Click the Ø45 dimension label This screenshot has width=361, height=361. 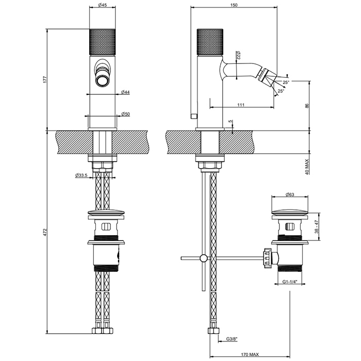click(x=102, y=6)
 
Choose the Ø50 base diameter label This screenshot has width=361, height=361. click(x=125, y=114)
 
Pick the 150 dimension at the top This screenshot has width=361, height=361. click(x=234, y=5)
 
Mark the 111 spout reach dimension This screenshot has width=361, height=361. click(x=241, y=105)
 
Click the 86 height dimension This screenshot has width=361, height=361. click(x=307, y=106)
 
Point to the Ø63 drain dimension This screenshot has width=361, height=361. click(x=290, y=195)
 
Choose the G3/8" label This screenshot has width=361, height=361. click(x=232, y=338)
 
